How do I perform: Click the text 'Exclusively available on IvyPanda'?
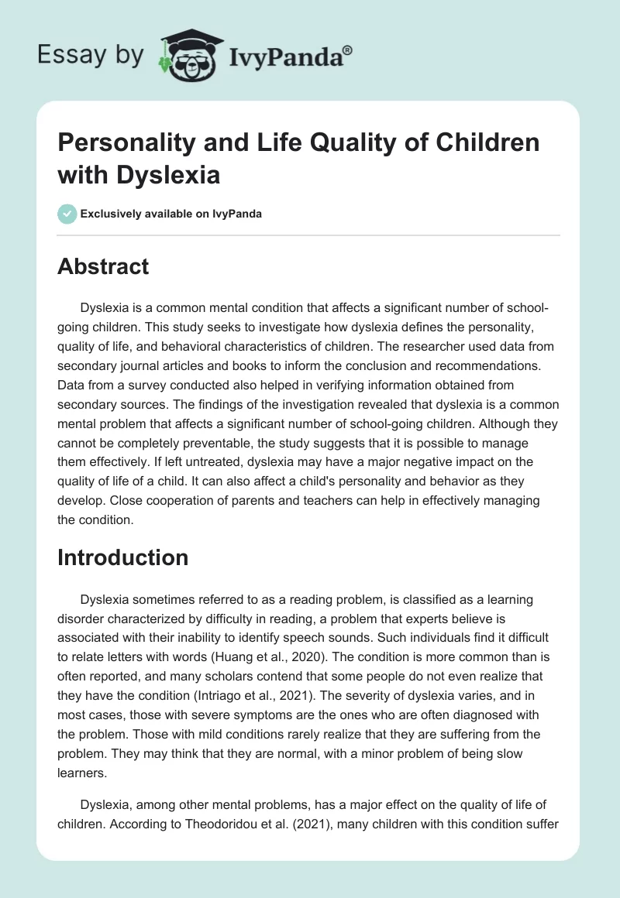[x=170, y=214]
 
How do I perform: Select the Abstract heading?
[x=103, y=266]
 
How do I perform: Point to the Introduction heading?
[x=122, y=557]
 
